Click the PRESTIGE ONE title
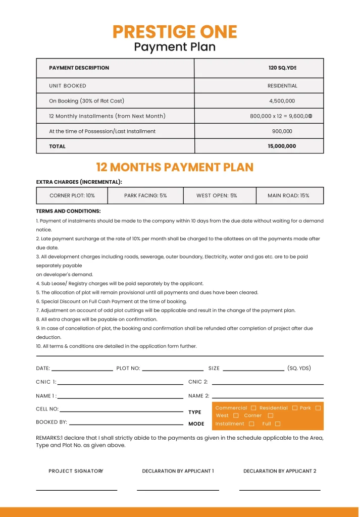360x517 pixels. [175, 32]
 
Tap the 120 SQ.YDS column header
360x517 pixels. [282, 68]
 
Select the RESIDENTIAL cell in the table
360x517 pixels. [282, 86]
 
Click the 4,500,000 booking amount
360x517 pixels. [282, 101]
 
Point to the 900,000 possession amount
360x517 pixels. [282, 131]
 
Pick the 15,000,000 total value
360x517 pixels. [282, 146]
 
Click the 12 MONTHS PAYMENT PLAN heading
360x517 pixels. [175, 167]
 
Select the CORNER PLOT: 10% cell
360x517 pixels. [72, 195]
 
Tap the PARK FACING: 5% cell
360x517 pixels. [145, 195]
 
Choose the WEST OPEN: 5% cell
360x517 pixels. [217, 195]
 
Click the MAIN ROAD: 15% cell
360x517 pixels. [288, 195]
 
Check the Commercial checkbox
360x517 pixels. [253, 408]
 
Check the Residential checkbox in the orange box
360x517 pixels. [295, 408]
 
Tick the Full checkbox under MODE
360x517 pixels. [278, 424]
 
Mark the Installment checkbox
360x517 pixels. [251, 424]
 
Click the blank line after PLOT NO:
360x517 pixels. [173, 370]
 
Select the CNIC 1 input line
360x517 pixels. [120, 384]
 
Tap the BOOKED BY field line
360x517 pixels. [126, 424]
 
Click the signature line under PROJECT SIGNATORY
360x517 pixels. [76, 489]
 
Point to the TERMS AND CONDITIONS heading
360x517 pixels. [68, 211]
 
